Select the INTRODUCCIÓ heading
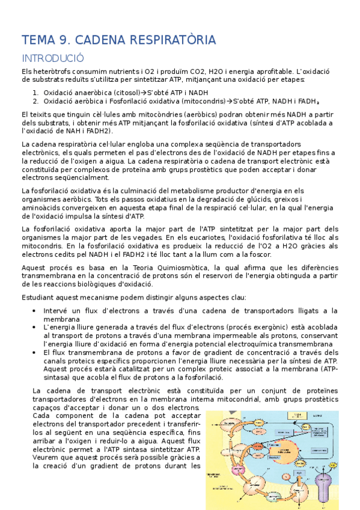click(x=52, y=58)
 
